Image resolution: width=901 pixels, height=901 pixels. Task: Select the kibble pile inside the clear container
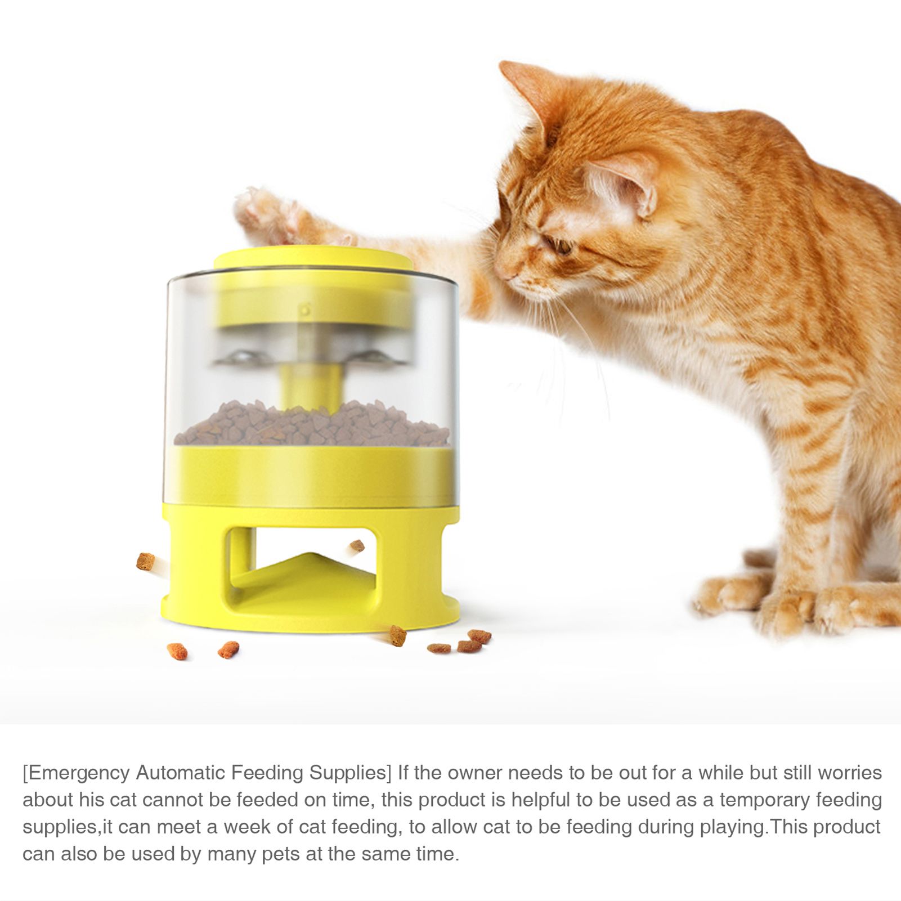312,423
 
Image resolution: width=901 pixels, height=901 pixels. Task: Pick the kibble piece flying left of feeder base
146,561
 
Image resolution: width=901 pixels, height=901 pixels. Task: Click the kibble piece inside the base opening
357,545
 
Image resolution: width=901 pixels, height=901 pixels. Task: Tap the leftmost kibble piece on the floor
177,651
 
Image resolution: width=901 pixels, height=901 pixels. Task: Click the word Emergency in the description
76,773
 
